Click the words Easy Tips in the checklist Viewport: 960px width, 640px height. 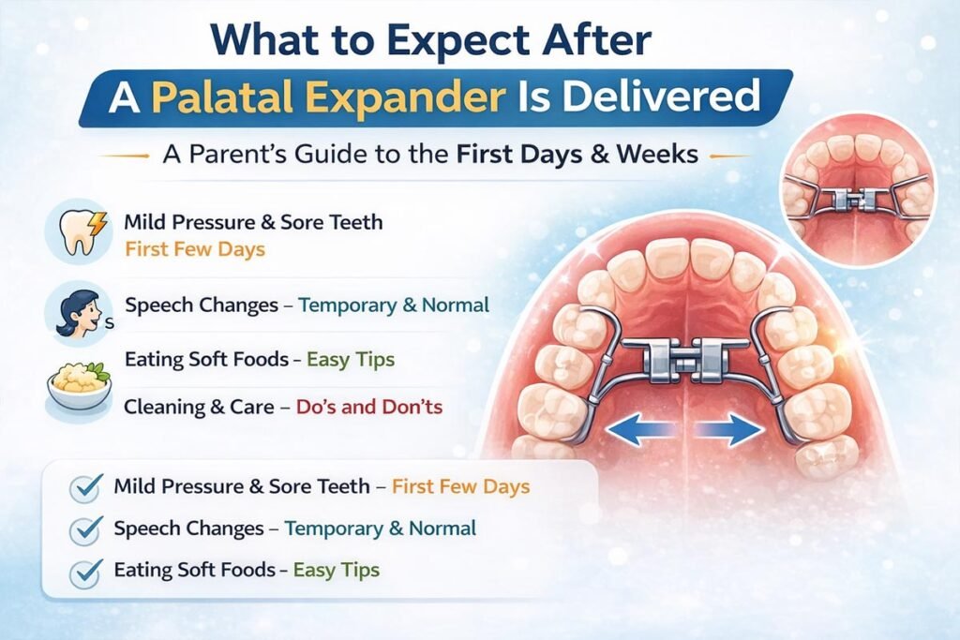[336, 570]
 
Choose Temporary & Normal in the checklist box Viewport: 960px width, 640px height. [380, 528]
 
